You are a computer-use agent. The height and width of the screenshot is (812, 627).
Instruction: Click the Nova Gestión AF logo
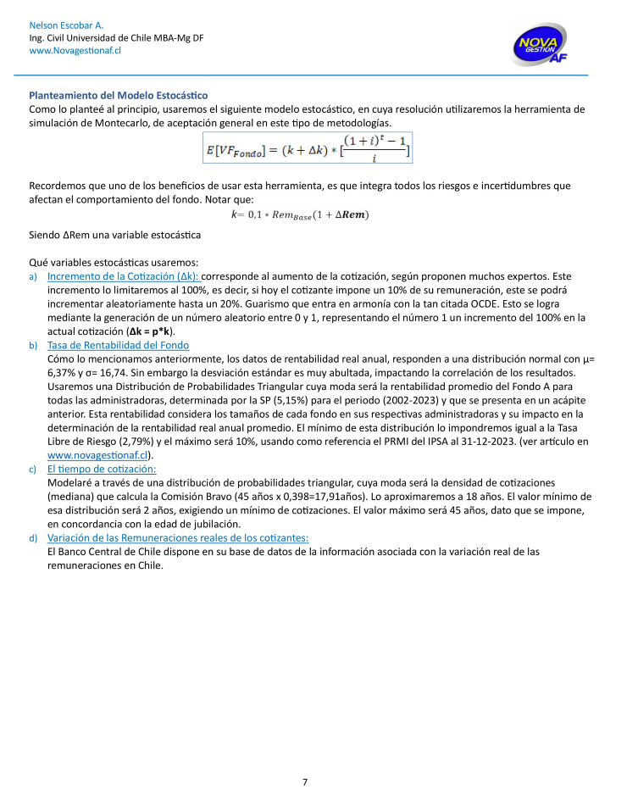tap(540, 44)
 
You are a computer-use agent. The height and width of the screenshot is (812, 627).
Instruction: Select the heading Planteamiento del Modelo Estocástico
tap(119, 95)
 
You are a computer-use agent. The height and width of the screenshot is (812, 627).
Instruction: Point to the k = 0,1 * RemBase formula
tap(300, 214)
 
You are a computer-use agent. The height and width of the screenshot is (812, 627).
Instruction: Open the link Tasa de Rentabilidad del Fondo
tap(118, 345)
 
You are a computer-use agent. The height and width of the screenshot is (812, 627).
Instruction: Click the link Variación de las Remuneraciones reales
tap(178, 537)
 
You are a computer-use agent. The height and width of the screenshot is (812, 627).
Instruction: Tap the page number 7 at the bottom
tap(305, 781)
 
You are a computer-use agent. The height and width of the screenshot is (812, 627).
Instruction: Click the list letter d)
tap(33, 537)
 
